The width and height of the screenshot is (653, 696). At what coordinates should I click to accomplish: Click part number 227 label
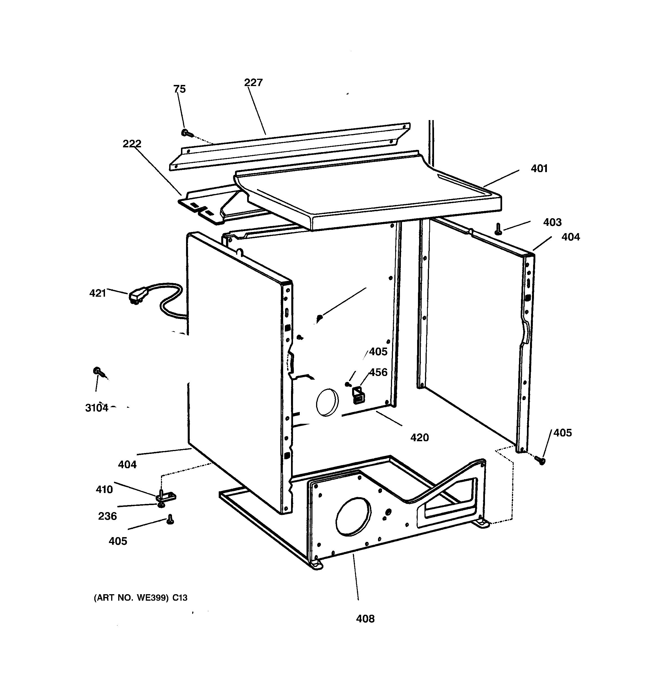(x=253, y=83)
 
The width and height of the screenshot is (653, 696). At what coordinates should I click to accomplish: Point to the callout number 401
(x=539, y=168)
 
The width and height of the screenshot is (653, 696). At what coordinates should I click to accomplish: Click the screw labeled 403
(x=498, y=229)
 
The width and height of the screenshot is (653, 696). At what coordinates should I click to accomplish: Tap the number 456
(x=378, y=372)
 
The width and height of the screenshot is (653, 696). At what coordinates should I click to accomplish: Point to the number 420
(x=419, y=437)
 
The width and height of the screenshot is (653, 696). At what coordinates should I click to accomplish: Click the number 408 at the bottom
(x=365, y=619)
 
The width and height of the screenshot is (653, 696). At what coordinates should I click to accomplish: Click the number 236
(x=107, y=516)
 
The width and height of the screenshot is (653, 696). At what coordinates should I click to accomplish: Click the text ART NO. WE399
(x=140, y=598)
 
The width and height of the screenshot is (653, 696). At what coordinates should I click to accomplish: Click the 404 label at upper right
(x=571, y=237)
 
